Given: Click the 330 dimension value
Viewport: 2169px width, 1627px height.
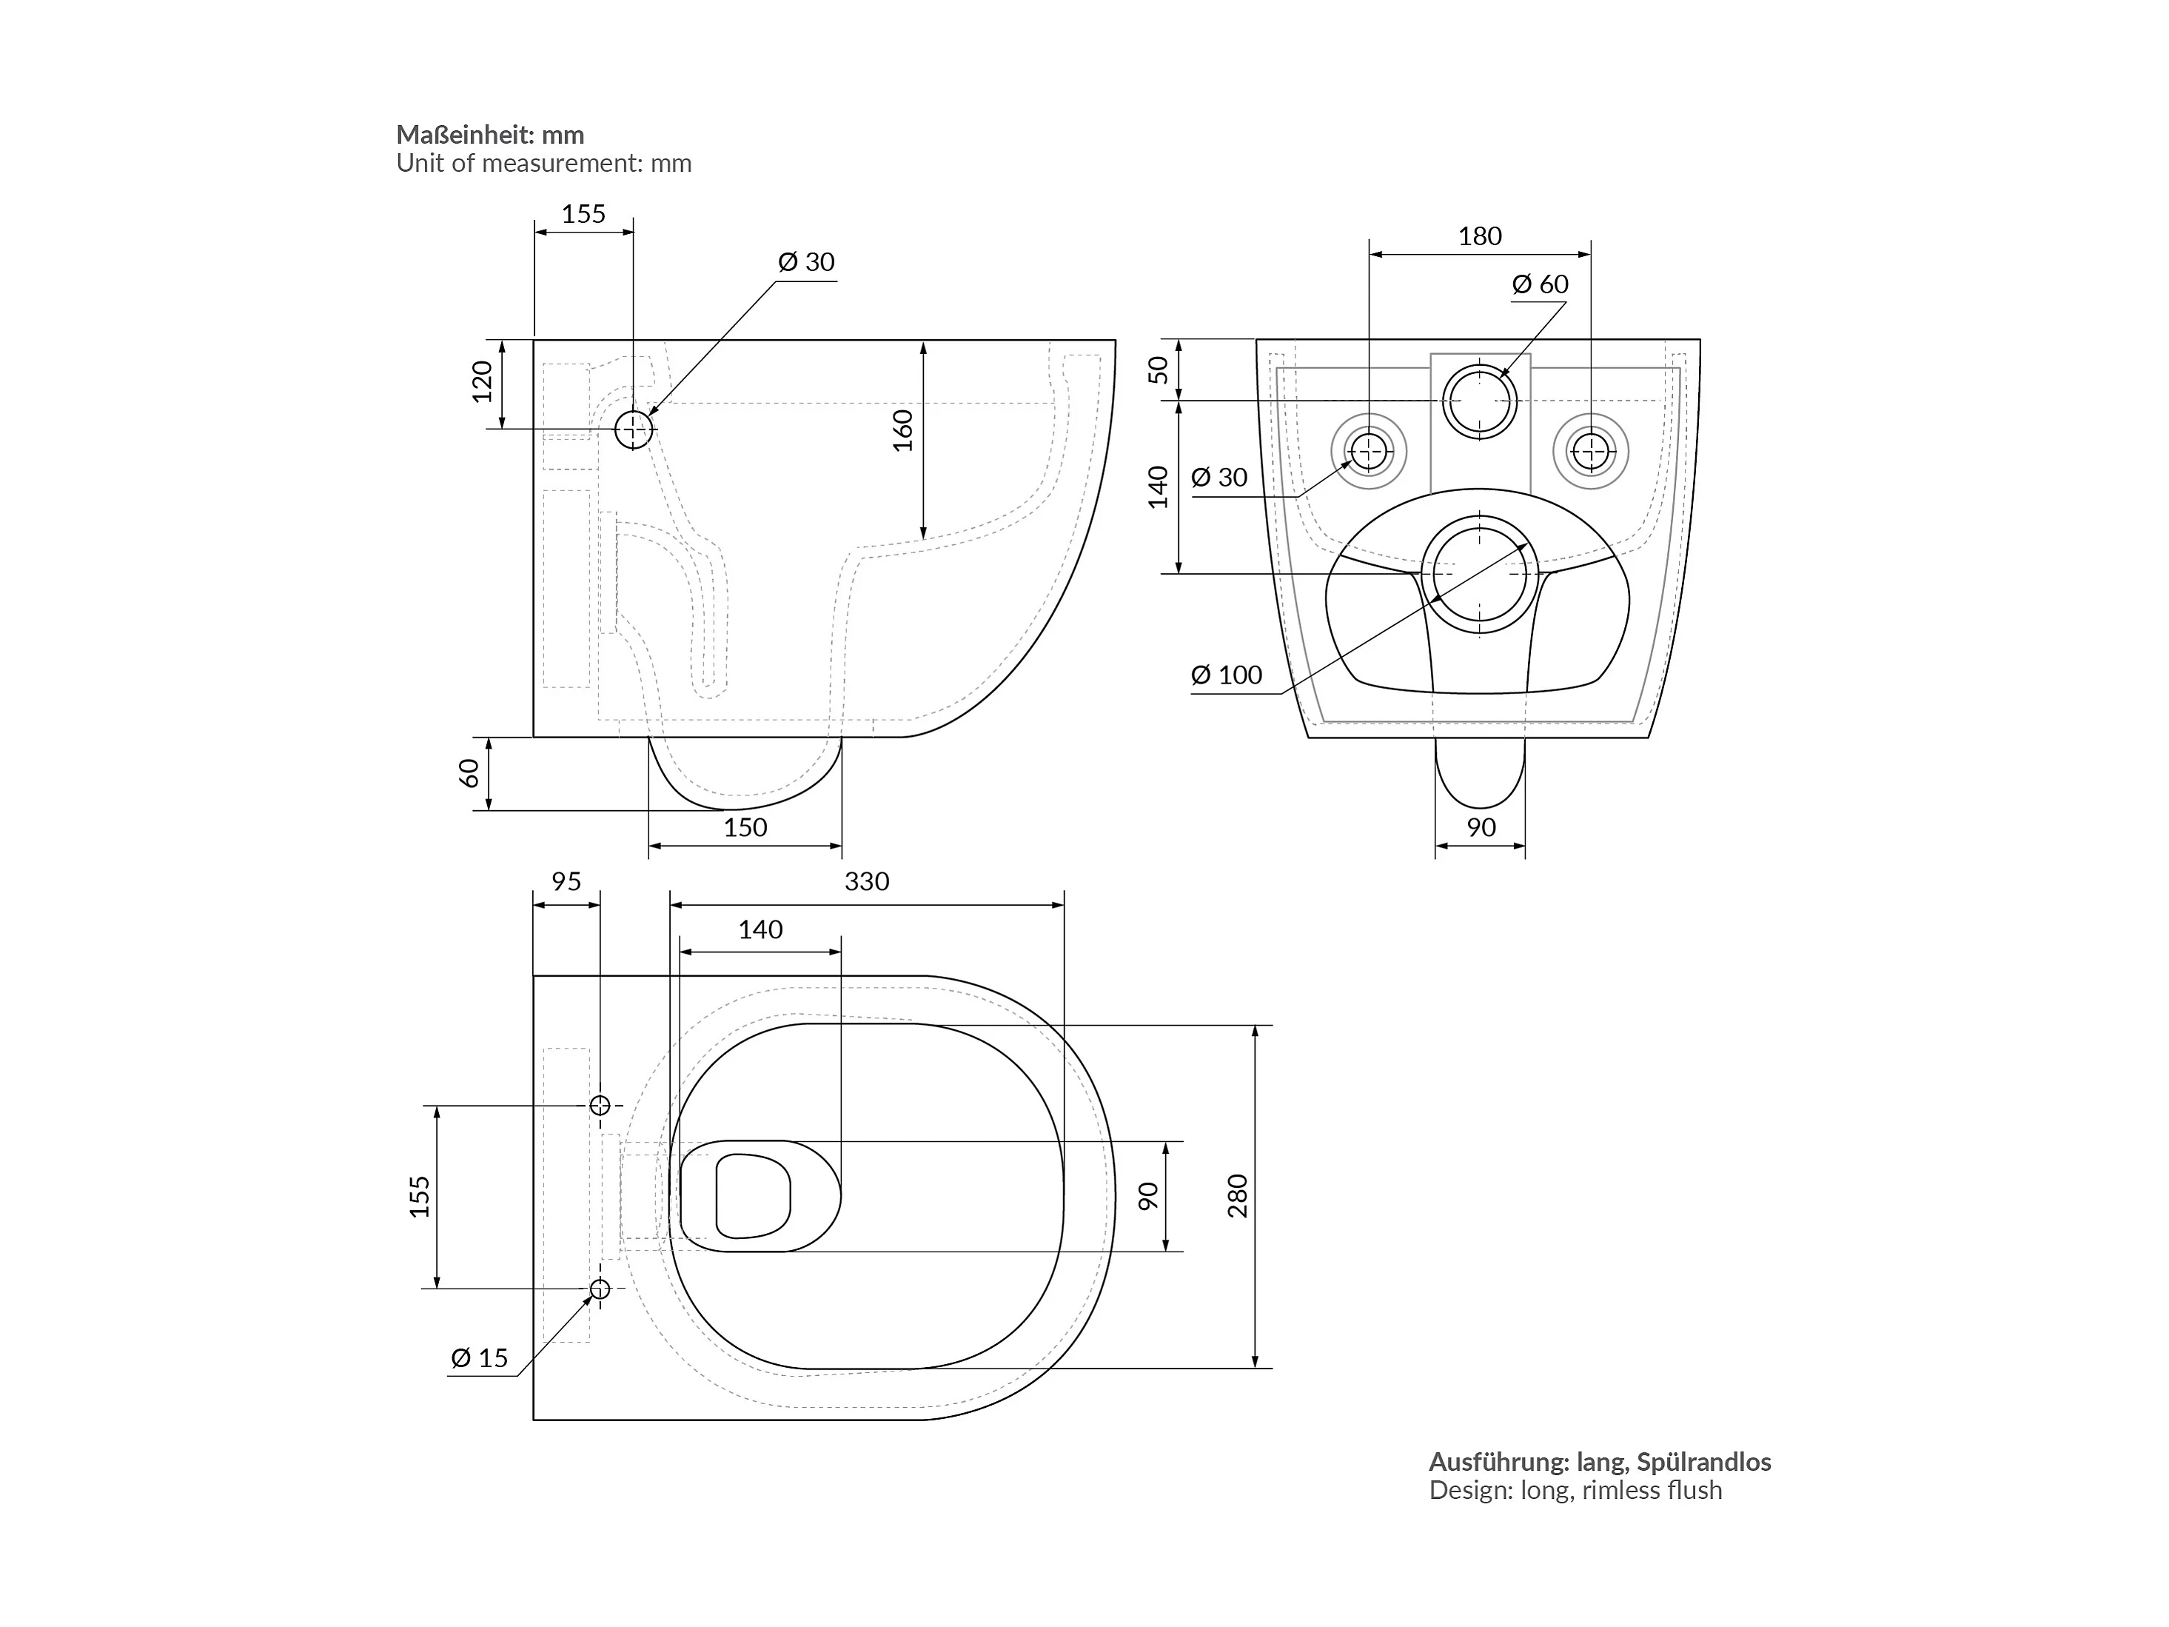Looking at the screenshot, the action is (x=867, y=882).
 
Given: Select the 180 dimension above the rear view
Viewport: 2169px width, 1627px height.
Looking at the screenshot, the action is (x=1480, y=236).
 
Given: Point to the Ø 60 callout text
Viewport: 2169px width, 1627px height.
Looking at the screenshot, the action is (x=1541, y=284).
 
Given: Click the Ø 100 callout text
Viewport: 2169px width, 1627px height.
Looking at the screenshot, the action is (x=1227, y=675).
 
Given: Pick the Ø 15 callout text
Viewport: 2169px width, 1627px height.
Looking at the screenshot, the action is (x=480, y=1358).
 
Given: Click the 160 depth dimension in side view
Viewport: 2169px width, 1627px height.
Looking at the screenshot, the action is (x=902, y=430).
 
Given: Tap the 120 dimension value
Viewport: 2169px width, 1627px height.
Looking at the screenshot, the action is (x=481, y=381).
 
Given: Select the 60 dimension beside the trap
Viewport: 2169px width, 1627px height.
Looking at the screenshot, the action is (x=469, y=774).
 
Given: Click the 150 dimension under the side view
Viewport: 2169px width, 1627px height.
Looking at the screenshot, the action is (x=745, y=828).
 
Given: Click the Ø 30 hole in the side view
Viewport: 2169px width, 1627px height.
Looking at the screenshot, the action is (x=634, y=430).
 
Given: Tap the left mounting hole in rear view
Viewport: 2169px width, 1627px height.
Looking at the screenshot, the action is (x=1369, y=452).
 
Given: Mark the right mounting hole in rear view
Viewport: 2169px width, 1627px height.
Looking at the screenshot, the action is (x=1590, y=452).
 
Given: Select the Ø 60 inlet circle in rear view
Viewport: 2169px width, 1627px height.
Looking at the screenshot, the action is (x=1480, y=401).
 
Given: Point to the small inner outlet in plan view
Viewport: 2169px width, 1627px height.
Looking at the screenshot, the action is (x=753, y=1195).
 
